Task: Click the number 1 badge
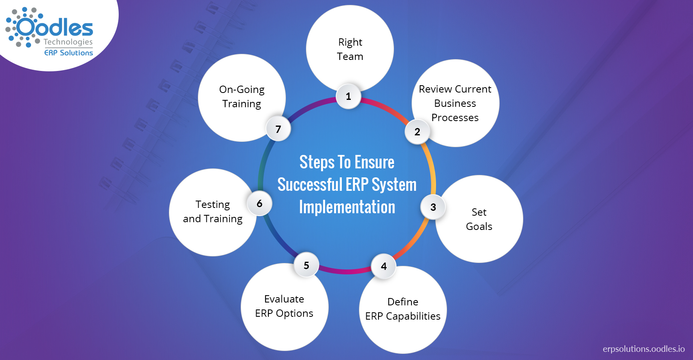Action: click(x=348, y=96)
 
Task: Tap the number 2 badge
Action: click(x=417, y=132)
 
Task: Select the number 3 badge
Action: click(x=433, y=207)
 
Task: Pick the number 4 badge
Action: click(x=384, y=266)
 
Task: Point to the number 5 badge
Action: click(x=306, y=265)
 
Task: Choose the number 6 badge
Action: click(x=259, y=203)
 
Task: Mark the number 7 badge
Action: click(x=278, y=129)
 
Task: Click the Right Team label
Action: click(x=350, y=49)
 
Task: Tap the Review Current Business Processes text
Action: click(x=455, y=103)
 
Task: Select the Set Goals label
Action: click(x=479, y=219)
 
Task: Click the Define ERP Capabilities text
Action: click(x=403, y=309)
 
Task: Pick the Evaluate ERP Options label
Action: click(x=284, y=306)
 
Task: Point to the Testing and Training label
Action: click(x=213, y=212)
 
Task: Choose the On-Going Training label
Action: click(x=241, y=97)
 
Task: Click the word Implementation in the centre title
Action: click(x=347, y=207)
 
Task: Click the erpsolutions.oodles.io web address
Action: click(x=644, y=349)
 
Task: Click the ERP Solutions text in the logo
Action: click(x=69, y=53)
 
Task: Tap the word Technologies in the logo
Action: click(x=68, y=42)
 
